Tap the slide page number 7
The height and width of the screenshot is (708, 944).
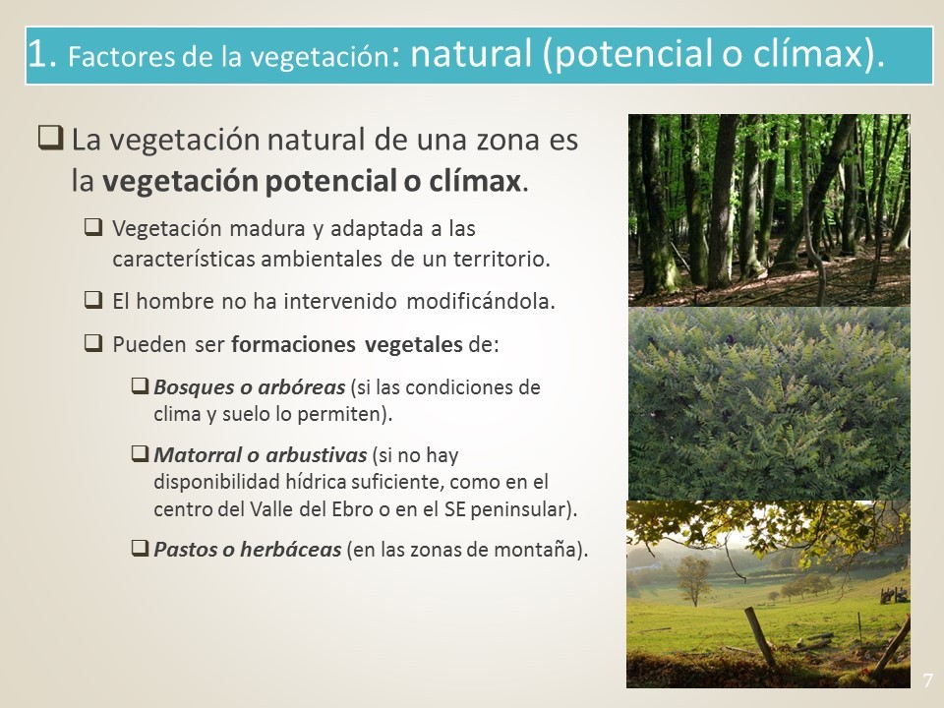927,680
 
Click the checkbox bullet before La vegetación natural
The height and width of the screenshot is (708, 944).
50,138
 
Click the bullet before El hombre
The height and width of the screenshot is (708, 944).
93,299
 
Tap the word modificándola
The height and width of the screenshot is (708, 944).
481,301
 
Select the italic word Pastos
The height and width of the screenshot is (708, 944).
185,549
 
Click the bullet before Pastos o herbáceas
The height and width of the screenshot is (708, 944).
140,548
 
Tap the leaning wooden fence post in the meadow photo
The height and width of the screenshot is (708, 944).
760,636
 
